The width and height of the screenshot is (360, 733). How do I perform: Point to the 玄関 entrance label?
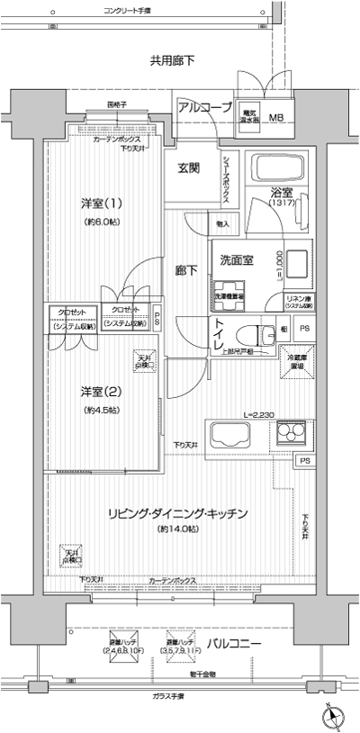coord(188,167)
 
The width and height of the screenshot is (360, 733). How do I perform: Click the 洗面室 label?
coord(237,260)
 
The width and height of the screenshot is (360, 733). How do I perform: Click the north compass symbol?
coord(332,717)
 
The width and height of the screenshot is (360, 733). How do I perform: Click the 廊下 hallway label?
coord(186,268)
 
